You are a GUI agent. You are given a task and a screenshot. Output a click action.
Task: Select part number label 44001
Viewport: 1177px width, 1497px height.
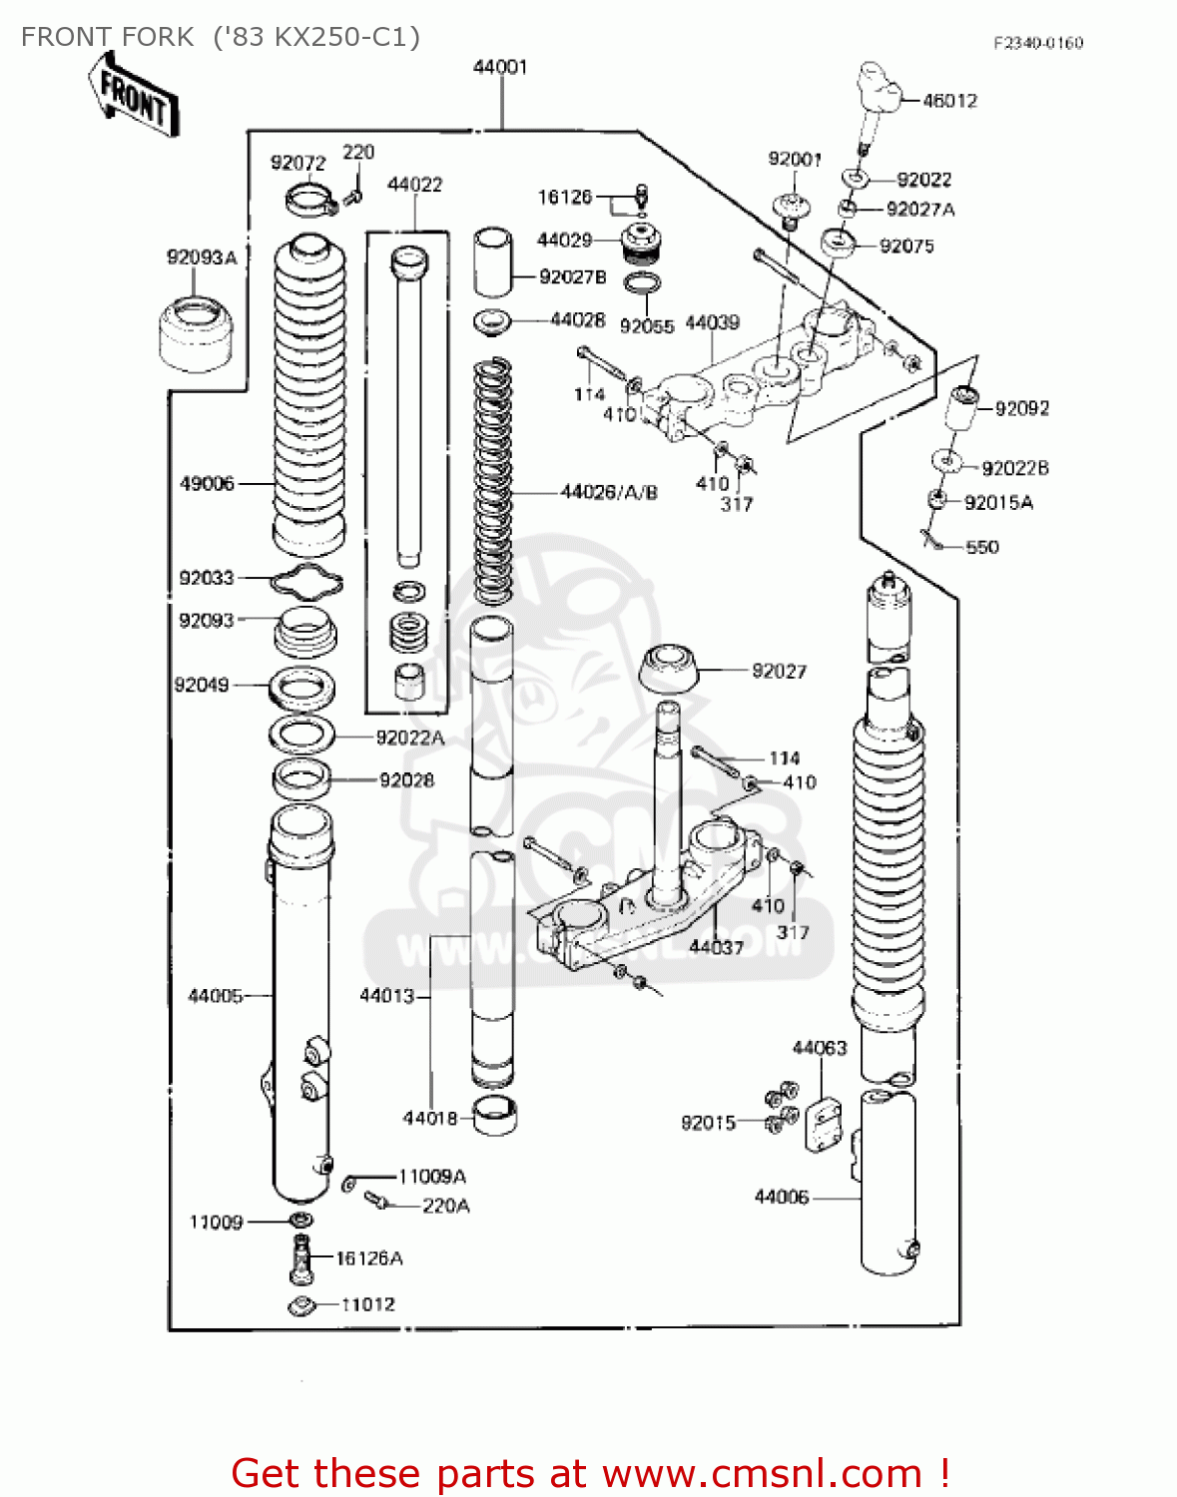coord(499,67)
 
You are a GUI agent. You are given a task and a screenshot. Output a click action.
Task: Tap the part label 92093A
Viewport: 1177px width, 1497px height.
coord(202,257)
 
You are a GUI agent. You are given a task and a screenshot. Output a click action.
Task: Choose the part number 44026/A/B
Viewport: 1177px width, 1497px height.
coord(609,492)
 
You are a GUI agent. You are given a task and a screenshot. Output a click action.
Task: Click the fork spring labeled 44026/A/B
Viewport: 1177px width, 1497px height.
coord(491,479)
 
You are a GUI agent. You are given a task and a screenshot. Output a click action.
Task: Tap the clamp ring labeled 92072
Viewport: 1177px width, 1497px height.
coord(309,200)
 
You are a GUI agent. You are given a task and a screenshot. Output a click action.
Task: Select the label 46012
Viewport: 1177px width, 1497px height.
coord(949,100)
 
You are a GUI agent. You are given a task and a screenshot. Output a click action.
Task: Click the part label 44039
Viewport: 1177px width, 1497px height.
coord(712,322)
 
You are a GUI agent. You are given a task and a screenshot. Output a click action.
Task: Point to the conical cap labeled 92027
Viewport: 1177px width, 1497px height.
coord(668,669)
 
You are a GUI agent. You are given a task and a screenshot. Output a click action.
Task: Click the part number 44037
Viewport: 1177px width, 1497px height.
coord(716,946)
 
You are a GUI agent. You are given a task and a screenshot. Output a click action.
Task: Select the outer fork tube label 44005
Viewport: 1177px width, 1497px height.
coord(216,995)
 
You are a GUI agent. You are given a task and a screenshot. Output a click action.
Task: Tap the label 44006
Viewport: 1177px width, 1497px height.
coord(781,1197)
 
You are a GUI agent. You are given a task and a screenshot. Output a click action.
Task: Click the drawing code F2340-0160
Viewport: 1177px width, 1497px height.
coord(1037,43)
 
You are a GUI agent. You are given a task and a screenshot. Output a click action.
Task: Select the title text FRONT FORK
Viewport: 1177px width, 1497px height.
coord(107,37)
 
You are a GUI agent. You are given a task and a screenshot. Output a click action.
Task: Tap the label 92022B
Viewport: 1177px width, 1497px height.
coord(1014,468)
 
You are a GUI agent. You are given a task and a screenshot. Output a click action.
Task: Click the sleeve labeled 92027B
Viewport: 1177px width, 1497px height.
coord(491,262)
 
